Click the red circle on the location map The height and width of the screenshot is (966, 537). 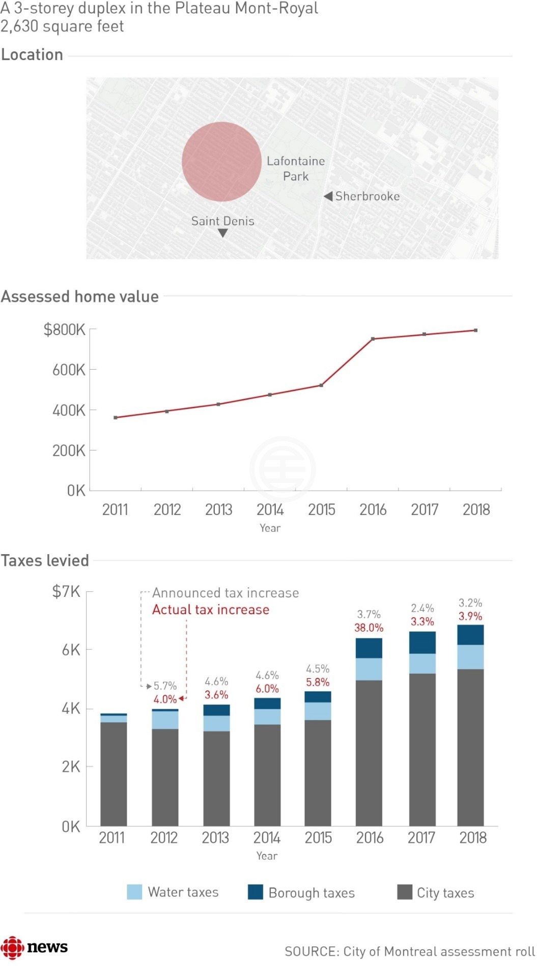221,162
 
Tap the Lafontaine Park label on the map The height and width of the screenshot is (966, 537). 296,168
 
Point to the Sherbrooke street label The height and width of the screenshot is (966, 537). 367,196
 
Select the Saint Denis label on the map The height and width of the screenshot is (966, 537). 222,221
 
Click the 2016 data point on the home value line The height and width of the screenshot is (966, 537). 373,339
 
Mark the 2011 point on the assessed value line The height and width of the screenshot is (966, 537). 116,417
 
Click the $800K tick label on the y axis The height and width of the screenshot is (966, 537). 65,330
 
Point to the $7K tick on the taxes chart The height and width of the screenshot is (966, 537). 66,591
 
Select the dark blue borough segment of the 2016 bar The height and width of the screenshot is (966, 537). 369,648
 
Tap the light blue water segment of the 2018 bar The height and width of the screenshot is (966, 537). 470,657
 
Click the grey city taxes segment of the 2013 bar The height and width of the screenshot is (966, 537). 216,778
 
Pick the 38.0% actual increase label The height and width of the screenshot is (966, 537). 369,628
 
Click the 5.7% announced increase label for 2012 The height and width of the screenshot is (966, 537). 165,686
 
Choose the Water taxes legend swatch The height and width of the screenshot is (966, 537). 134,892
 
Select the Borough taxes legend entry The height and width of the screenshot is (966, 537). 301,893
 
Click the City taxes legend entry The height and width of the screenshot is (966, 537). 436,893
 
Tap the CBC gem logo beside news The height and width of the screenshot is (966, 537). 12,947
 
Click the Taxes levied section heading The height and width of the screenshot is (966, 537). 45,560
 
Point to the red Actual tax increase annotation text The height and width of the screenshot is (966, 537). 211,610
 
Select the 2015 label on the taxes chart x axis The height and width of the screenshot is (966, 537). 318,837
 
